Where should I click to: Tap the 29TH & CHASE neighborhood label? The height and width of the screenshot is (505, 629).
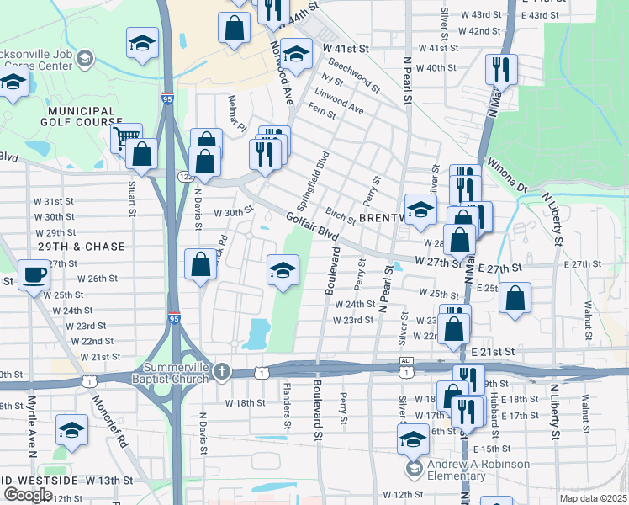81,247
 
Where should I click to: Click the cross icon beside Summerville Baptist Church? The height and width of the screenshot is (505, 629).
222,371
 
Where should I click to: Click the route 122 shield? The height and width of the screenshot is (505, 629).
184,176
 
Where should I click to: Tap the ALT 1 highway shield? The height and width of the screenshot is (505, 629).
407,367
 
